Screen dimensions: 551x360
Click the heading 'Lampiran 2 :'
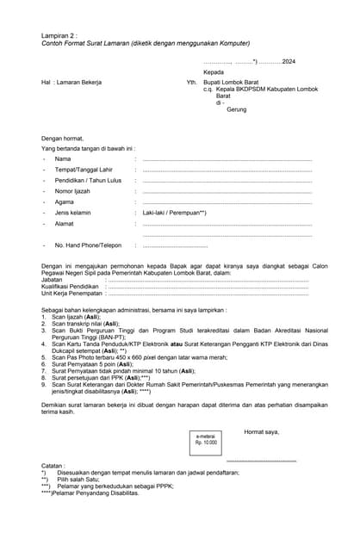pos(59,35)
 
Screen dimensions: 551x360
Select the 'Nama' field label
pos(63,159)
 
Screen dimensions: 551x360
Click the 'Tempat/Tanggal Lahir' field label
pos(84,170)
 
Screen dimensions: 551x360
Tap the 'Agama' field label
pos(65,201)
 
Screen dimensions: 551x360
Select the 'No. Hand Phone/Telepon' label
pos(88,245)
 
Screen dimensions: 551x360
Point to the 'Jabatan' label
pos(52,280)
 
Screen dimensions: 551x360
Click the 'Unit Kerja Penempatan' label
pos(71,293)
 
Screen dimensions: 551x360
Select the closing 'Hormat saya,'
pos(262,431)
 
